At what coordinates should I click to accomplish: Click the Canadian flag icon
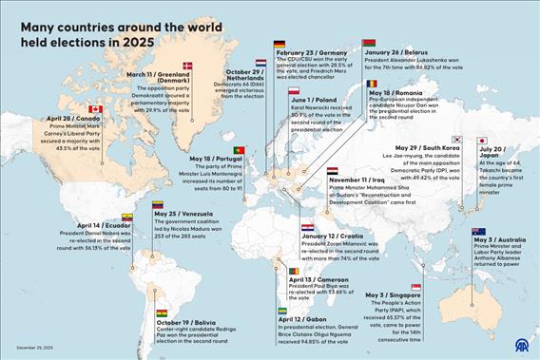tap(95, 110)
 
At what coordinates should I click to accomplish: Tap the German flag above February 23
tap(280, 44)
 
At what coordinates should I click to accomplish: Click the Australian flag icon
tap(478, 232)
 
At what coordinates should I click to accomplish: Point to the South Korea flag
tap(456, 140)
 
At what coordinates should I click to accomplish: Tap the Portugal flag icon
tap(239, 150)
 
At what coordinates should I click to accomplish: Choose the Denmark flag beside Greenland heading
tap(187, 66)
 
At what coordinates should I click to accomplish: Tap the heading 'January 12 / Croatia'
tap(332, 236)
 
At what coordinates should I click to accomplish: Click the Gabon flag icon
tap(283, 311)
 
